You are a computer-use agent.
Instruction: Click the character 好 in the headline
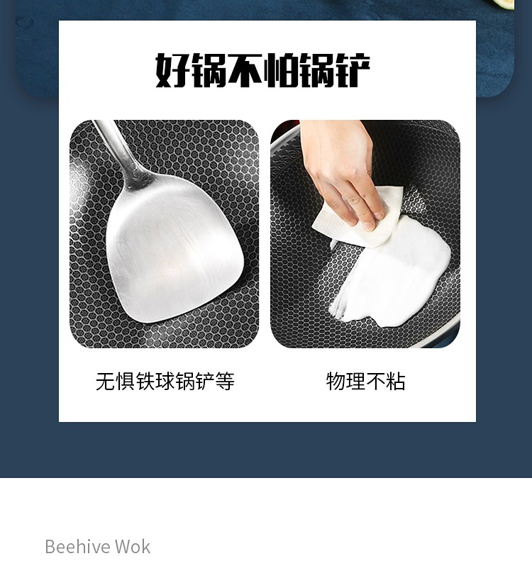[172, 70]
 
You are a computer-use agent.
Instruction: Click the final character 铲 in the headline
[352, 70]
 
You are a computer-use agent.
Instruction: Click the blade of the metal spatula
[175, 248]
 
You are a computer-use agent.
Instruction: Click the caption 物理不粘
[365, 382]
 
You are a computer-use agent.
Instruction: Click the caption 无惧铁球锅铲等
[165, 382]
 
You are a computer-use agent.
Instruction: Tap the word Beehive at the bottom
[77, 547]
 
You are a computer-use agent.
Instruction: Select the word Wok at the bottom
[133, 547]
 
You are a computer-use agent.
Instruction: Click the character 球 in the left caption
[165, 382]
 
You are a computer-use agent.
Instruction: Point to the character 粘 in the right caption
[395, 382]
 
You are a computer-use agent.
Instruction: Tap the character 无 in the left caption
[106, 382]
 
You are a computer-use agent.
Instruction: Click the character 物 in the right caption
[336, 382]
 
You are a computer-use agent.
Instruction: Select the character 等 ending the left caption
[225, 382]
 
